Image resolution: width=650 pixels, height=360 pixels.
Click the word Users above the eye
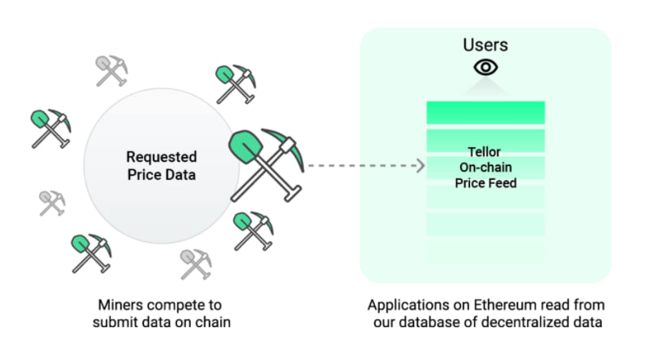pos(485,44)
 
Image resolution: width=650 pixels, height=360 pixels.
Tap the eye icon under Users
pos(485,68)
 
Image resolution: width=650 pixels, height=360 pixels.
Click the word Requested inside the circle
pos(161,156)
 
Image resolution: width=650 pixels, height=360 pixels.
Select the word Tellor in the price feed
pos(485,152)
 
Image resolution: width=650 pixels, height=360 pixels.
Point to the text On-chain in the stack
pos(485,167)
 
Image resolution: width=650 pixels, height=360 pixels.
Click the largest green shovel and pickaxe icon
pos(265,164)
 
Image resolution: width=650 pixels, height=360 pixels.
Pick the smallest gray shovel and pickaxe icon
pos(52,202)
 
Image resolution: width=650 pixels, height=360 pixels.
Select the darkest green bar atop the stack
pos(485,112)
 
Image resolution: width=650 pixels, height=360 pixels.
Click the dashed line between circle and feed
pos(360,167)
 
